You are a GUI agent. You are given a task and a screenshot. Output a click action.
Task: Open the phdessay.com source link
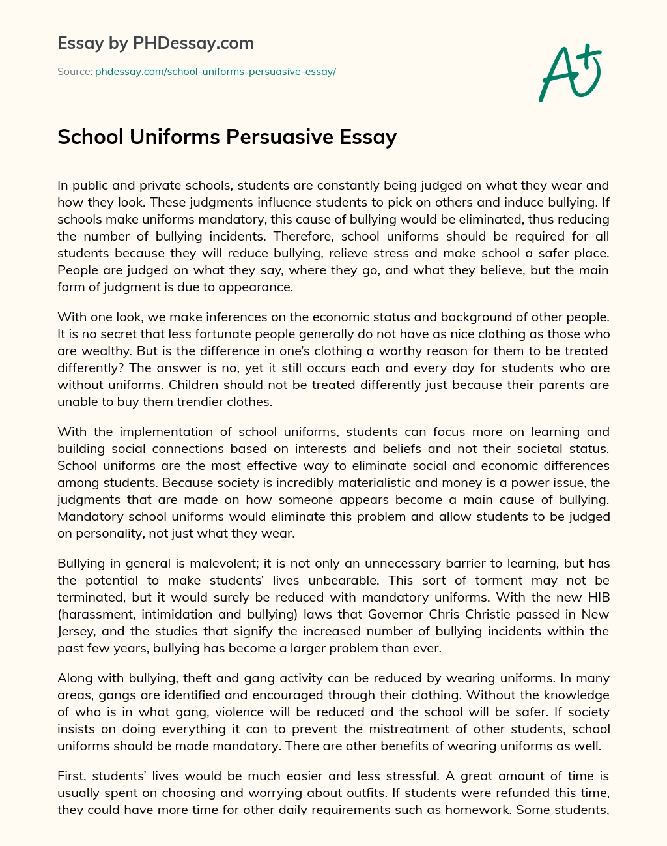point(215,72)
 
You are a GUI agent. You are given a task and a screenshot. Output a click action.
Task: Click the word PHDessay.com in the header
point(193,43)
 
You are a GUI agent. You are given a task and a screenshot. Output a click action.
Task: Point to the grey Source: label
point(74,72)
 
